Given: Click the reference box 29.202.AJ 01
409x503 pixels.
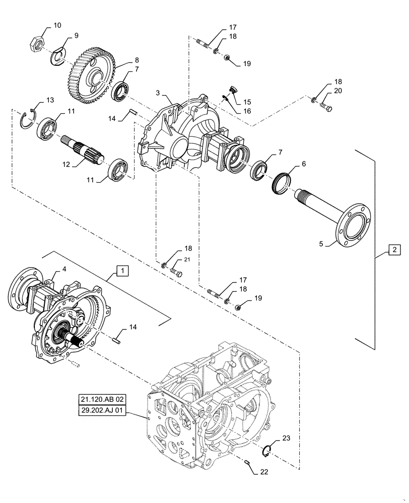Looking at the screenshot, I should pyautogui.click(x=103, y=411).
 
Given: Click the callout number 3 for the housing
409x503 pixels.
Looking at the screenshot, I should pyautogui.click(x=157, y=94).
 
